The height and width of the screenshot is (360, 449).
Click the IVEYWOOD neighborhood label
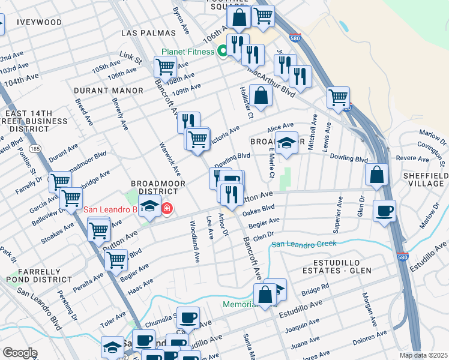[40, 22]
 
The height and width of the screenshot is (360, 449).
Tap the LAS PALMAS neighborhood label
[148, 32]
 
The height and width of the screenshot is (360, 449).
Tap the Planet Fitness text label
[188, 52]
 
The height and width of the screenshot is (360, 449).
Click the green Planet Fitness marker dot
[222, 52]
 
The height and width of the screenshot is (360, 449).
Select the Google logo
[20, 352]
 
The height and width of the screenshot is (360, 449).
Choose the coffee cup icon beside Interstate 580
[384, 211]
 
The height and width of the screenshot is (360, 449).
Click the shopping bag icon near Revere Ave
[376, 175]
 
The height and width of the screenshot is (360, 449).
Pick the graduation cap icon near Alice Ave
[287, 143]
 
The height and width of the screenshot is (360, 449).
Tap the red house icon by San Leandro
[166, 209]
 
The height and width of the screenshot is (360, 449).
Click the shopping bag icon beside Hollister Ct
[261, 95]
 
